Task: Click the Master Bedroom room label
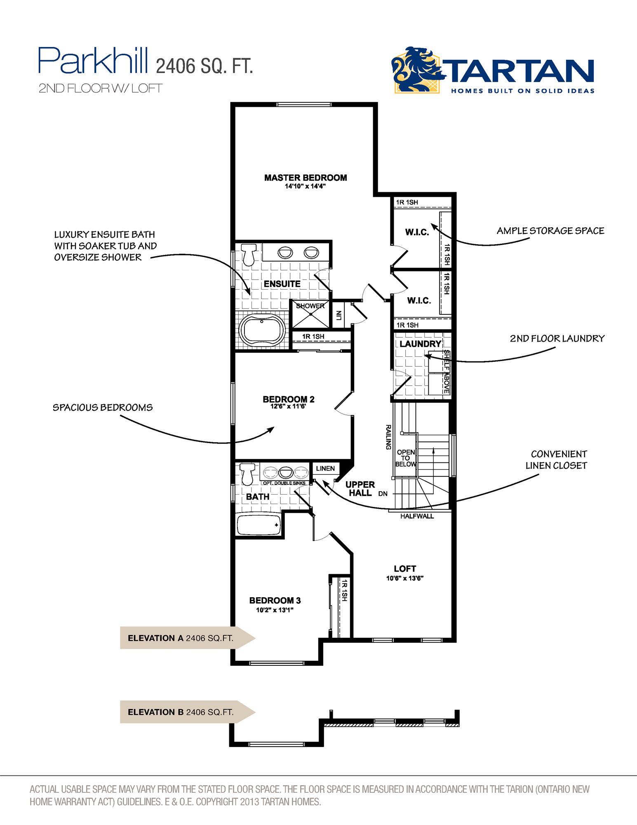click(306, 178)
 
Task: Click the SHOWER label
click(310, 306)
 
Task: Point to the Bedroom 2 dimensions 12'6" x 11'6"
click(288, 406)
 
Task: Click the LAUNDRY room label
click(420, 344)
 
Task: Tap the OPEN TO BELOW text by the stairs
click(406, 458)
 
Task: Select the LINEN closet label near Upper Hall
click(325, 468)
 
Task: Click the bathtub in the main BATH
click(259, 525)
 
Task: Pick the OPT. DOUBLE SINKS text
click(284, 483)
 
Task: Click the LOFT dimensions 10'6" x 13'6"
click(405, 578)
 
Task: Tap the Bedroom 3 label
click(275, 600)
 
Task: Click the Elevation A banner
click(181, 638)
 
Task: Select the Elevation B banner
click(181, 712)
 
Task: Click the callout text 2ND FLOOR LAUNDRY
click(557, 339)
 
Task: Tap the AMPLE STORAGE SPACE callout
click(550, 231)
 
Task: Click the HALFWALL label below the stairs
click(417, 516)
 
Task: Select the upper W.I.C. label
click(417, 232)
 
